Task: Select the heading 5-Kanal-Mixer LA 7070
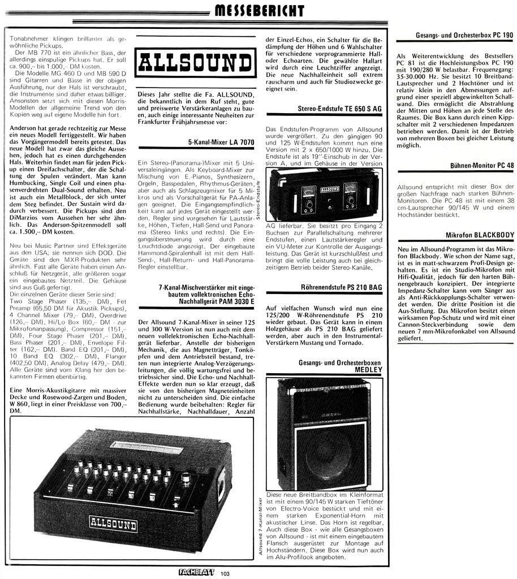(221, 142)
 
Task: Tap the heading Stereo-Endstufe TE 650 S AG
(341, 107)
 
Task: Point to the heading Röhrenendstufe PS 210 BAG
(342, 288)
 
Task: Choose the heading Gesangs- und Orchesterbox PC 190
(464, 35)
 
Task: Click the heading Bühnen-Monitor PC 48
(482, 166)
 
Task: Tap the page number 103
(226, 574)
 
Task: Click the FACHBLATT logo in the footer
(196, 572)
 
